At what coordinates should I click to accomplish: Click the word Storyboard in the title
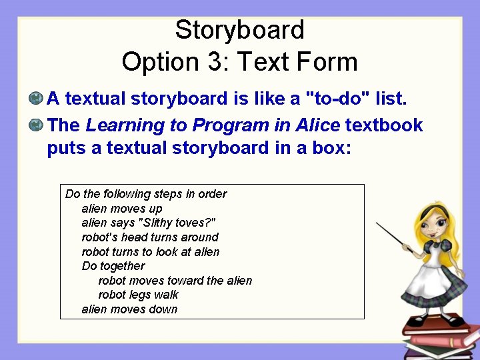click(x=239, y=30)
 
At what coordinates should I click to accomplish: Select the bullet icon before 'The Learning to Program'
click(x=36, y=125)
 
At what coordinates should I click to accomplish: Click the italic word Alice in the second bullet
click(x=313, y=125)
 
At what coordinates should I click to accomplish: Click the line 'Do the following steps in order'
click(x=146, y=194)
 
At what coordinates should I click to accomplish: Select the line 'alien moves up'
click(x=121, y=209)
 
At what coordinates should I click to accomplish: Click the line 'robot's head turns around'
click(x=150, y=237)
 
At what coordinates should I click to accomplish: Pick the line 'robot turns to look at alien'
click(x=150, y=252)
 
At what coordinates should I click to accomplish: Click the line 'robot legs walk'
click(x=138, y=295)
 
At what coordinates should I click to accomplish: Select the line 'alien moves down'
click(x=129, y=309)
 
